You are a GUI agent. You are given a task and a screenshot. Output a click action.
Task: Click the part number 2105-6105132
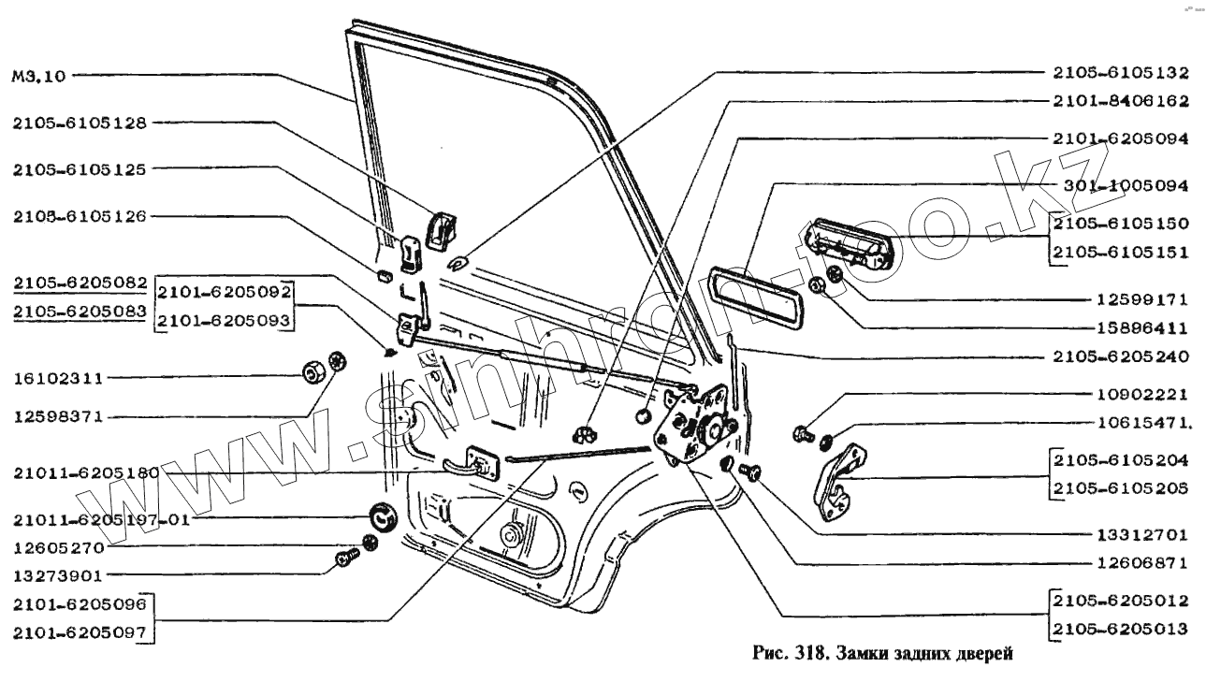pyautogui.click(x=1121, y=73)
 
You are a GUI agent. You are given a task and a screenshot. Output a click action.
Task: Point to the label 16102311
pyautogui.click(x=58, y=379)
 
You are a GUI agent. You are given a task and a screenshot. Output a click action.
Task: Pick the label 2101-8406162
pyautogui.click(x=1121, y=101)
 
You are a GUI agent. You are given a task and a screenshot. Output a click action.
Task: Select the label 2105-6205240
pyautogui.click(x=1121, y=356)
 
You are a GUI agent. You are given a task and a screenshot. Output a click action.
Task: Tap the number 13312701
pyautogui.click(x=1139, y=536)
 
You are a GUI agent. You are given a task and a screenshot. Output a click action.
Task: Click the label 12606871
pyautogui.click(x=1139, y=564)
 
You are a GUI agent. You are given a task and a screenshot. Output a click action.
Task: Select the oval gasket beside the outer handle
pyautogui.click(x=755, y=295)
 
